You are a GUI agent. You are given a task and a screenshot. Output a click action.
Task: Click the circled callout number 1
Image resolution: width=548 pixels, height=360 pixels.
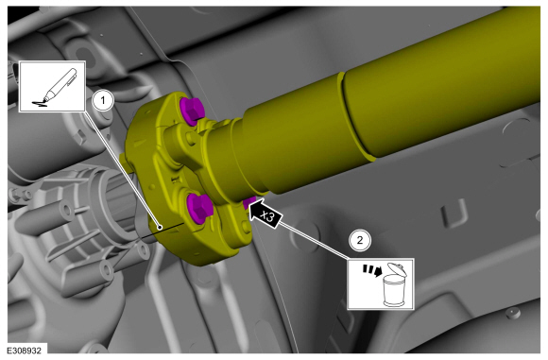click(x=103, y=101)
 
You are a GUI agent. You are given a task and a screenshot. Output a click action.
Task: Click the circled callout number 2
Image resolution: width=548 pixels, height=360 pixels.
click(x=360, y=240)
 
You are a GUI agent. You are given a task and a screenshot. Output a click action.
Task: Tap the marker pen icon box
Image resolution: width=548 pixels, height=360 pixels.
click(x=52, y=86)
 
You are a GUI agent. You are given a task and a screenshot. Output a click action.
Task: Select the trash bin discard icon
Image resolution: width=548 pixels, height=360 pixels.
click(x=381, y=284)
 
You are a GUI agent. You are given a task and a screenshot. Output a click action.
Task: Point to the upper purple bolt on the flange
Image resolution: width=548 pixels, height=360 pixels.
click(x=191, y=111)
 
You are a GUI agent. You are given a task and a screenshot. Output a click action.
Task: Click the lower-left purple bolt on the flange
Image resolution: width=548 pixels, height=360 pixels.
click(x=197, y=209)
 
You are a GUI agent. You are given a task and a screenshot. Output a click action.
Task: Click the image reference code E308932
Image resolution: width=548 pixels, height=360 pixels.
click(x=24, y=351)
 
